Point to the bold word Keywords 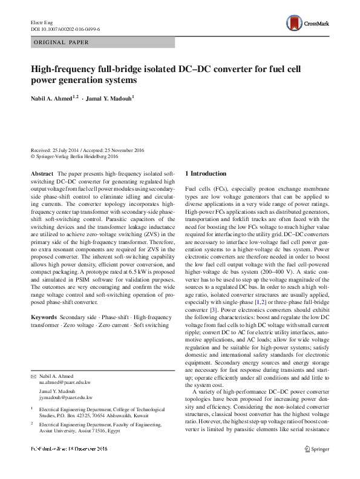pos(47,317)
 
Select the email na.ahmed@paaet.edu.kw pos(65,366)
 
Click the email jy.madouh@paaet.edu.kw pos(66,380)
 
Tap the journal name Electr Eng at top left pos(42,22)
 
